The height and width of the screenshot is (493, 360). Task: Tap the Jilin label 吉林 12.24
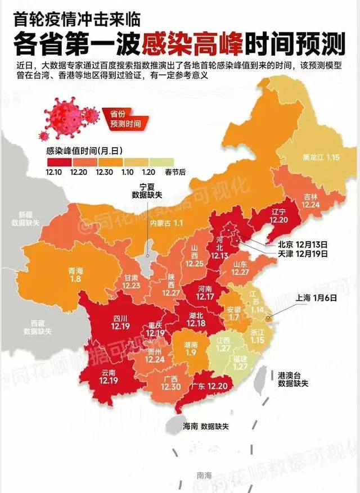tap(310, 201)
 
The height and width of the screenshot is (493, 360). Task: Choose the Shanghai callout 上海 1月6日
tap(316, 299)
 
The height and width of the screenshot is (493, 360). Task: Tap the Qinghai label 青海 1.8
tap(75, 274)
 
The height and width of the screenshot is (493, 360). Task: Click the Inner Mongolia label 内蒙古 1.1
tap(166, 223)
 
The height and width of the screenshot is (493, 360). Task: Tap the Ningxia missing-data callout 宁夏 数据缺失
tap(147, 191)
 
